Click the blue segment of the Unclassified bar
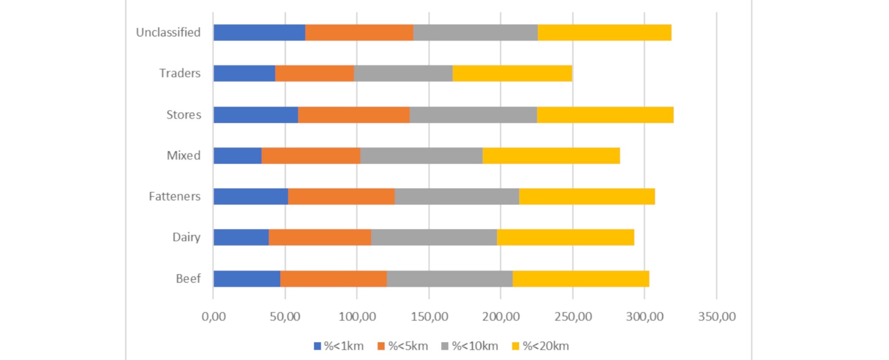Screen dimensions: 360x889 (x=259, y=32)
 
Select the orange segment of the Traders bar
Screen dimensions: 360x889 (x=314, y=73)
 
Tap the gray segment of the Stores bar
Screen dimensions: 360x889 (x=473, y=114)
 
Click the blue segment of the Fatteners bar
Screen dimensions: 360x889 (x=251, y=197)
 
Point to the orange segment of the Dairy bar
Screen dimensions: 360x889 (x=319, y=238)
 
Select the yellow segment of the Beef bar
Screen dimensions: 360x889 (x=581, y=279)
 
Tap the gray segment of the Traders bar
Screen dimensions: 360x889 (x=403, y=73)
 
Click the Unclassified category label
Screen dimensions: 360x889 (x=168, y=32)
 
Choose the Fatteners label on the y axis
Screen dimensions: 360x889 (x=175, y=197)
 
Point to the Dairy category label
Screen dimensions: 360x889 (x=186, y=238)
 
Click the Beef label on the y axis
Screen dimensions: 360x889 (x=188, y=279)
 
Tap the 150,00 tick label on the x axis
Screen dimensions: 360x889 (x=428, y=316)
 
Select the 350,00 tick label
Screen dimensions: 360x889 (x=716, y=316)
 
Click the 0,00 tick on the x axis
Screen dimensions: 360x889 (x=213, y=316)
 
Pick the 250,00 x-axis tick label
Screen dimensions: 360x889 (x=572, y=316)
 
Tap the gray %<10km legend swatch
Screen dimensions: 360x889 (x=445, y=346)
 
